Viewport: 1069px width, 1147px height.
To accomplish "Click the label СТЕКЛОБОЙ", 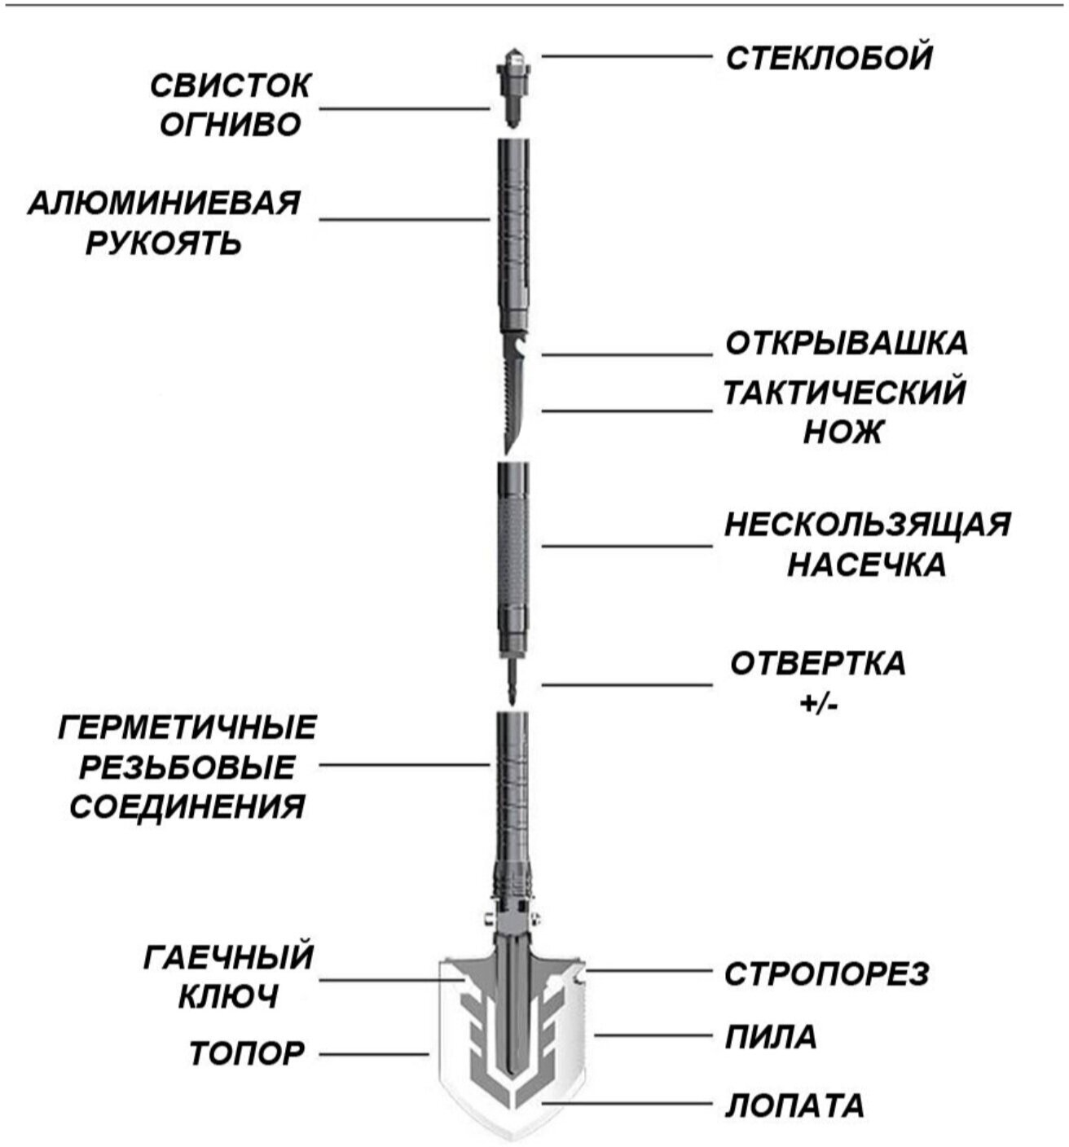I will [x=828, y=59].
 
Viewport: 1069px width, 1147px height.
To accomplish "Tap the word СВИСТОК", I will [x=231, y=86].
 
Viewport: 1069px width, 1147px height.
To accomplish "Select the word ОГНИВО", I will [x=231, y=125].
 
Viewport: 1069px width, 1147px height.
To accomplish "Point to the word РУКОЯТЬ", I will [x=165, y=243].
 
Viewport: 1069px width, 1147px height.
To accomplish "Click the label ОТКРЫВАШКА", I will [x=847, y=343].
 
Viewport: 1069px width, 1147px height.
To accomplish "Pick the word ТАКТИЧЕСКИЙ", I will [x=845, y=393].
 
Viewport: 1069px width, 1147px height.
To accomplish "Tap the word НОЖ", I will [x=843, y=433].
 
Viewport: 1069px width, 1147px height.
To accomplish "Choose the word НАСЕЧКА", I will [x=867, y=565].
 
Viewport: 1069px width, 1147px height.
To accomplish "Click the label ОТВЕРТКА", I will [x=817, y=663].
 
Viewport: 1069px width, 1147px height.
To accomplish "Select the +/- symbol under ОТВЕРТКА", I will [x=817, y=703].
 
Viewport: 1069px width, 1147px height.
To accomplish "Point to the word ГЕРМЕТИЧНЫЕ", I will [x=187, y=727].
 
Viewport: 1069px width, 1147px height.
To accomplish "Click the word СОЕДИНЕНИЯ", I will [x=187, y=807].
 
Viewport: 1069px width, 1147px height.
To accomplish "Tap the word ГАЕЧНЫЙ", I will [x=229, y=957].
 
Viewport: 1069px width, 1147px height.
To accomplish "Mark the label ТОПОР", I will [x=247, y=1053].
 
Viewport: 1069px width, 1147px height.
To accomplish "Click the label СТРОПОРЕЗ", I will [x=826, y=973].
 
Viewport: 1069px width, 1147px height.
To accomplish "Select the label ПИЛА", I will [x=771, y=1038].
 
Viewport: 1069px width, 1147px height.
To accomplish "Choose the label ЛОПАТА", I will [x=794, y=1105].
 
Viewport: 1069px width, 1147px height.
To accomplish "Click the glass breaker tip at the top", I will [x=513, y=59].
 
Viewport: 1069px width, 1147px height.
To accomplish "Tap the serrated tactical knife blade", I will [x=513, y=399].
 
